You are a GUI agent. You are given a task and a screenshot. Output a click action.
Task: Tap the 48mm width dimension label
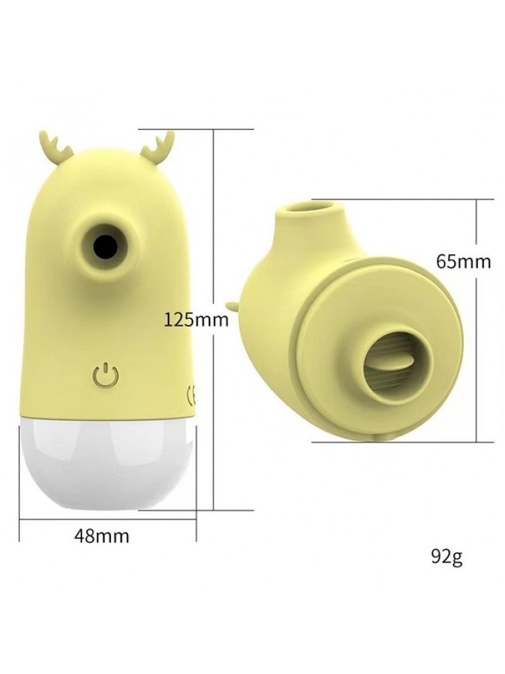coord(102,536)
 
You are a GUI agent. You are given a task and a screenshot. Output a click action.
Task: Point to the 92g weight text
coord(446,557)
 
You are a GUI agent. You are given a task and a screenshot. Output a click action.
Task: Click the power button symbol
coord(105,375)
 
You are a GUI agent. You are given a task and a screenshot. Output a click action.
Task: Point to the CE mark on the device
coord(191,394)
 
